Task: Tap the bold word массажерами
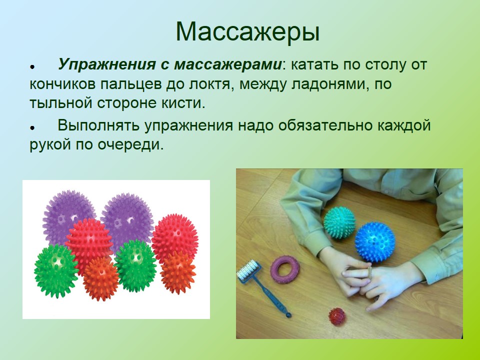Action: pyautogui.click(x=228, y=65)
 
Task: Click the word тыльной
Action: pyautogui.click(x=61, y=103)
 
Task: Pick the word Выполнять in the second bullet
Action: pyautogui.click(x=98, y=125)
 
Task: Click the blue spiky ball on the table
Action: pyautogui.click(x=374, y=242)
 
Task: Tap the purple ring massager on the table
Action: pyautogui.click(x=284, y=269)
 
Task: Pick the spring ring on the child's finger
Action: pyautogui.click(x=370, y=272)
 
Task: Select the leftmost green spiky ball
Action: pyautogui.click(x=55, y=271)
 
